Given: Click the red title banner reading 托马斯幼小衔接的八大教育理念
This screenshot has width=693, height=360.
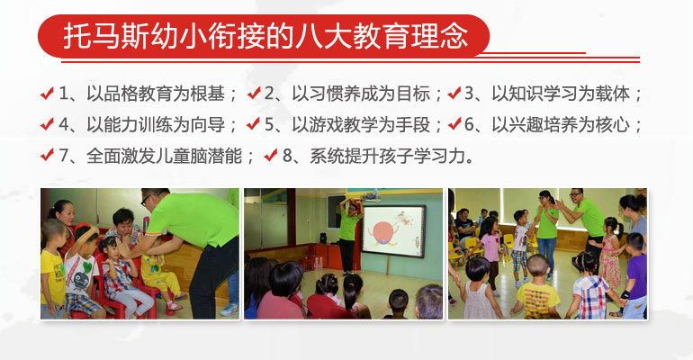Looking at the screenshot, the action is coord(264,36).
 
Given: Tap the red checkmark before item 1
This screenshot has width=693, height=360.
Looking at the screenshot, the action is coord(47,94).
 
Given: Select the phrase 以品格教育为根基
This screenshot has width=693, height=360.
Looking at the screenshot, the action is coord(156,94).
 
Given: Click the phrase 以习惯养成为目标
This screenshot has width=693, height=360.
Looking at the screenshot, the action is coord(361,94).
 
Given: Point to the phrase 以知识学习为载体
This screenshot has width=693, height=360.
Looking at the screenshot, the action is coord(561,94).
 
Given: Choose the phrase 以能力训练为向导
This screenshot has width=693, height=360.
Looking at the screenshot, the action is coord(156,125).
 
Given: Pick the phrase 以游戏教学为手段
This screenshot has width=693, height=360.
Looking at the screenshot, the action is coord(361,125).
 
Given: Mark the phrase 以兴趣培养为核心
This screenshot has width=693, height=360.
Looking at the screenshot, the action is coord(561,125).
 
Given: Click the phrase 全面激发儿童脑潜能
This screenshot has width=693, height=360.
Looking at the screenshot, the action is coord(164,157).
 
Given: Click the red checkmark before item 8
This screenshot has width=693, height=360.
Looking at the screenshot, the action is coord(271,156).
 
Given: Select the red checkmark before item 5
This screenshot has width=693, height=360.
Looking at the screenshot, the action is coord(253,124).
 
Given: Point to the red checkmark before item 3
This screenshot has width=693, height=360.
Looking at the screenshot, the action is coord(454,94).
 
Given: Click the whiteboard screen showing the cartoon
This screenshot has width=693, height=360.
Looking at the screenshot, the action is coord(393,231).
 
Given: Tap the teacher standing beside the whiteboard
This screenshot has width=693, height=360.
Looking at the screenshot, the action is coord(349,234).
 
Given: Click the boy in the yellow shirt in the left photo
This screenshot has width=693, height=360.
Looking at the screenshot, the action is coord(52,269).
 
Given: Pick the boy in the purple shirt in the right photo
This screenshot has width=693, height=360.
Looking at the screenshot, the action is coord(635,276).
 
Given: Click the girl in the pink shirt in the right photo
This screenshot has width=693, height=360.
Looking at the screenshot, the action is coord(490,256).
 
